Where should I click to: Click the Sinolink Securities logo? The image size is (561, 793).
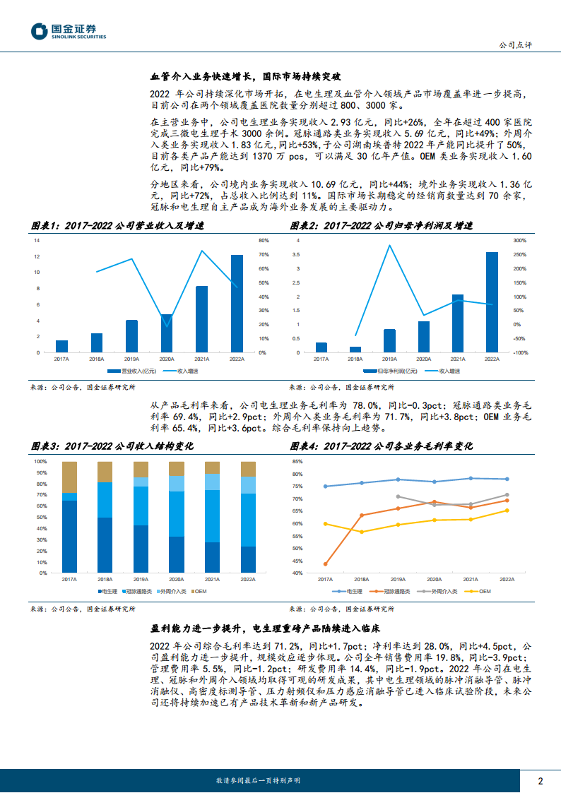(68, 31)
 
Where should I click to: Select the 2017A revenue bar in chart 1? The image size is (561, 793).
(62, 346)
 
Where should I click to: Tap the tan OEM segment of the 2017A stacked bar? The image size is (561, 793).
(69, 477)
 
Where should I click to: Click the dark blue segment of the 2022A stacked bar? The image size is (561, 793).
(248, 559)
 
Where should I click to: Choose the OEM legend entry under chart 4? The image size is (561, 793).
(482, 590)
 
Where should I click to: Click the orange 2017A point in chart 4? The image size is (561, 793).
(325, 564)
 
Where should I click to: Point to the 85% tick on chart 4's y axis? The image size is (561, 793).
(297, 461)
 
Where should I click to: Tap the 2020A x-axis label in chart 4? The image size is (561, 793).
(435, 578)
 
